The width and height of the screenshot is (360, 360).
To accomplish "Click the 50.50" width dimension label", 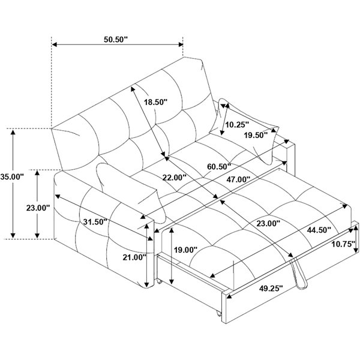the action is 115,39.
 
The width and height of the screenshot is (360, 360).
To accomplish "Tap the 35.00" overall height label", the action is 12,177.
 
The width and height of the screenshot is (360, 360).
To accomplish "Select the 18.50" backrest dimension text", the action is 156,102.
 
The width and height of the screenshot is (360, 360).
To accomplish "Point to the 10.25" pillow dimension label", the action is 237,125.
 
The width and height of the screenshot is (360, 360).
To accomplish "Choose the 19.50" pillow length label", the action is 256,135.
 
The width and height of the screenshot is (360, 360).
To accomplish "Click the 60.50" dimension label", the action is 219,166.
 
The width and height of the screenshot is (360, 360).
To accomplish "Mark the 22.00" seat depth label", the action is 174,178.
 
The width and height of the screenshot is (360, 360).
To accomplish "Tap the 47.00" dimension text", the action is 238,179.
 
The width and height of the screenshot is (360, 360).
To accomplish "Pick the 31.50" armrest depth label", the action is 95,222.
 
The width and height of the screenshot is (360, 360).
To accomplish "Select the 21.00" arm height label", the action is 134,257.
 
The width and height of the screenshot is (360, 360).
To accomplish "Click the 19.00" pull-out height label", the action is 185,250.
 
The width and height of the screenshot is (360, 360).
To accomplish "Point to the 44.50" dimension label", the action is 319,230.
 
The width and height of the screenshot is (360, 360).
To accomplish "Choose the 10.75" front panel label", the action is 343,244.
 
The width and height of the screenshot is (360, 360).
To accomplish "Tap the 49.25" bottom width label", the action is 271,288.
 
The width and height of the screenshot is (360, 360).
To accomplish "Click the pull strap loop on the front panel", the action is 298,272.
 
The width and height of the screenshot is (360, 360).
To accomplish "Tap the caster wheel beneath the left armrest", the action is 160,281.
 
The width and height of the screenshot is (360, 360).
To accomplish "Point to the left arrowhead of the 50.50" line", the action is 55,44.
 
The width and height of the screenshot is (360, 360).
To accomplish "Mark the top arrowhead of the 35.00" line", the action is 13,132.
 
